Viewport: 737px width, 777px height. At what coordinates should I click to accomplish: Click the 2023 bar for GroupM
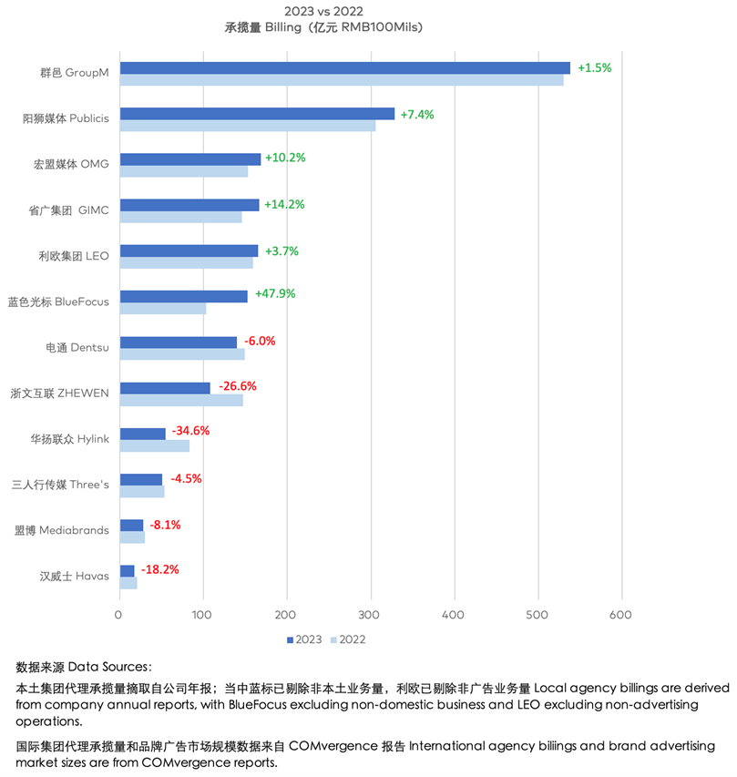point(344,67)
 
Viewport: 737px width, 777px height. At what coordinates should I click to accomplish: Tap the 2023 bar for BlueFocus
point(183,296)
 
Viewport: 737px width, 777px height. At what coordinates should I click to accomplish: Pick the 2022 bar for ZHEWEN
point(181,400)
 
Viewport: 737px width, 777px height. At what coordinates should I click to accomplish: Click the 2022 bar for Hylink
point(154,445)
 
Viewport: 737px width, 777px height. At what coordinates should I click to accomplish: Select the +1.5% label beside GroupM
point(594,67)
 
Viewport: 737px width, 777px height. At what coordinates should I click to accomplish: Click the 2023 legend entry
point(304,639)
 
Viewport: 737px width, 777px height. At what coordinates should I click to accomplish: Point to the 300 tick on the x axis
point(371,615)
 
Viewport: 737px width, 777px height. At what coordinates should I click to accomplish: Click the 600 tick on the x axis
point(621,615)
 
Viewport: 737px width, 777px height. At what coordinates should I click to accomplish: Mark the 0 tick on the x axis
point(119,615)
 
